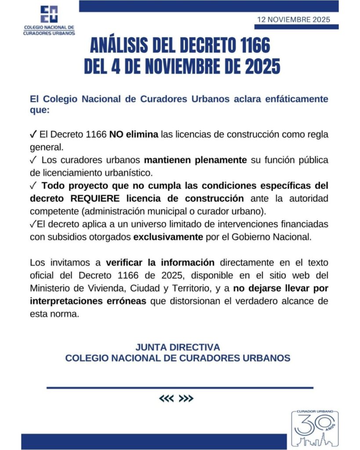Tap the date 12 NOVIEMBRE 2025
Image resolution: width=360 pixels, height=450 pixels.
(x=294, y=20)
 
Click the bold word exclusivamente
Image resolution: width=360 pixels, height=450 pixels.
(x=168, y=237)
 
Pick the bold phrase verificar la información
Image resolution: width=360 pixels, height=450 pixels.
(x=160, y=263)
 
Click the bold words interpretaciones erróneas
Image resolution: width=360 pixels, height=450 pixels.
(x=88, y=302)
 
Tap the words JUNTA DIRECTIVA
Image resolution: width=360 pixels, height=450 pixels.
(x=178, y=347)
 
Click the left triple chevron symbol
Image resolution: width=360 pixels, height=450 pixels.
(x=167, y=399)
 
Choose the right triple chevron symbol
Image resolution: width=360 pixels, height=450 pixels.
(x=187, y=399)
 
